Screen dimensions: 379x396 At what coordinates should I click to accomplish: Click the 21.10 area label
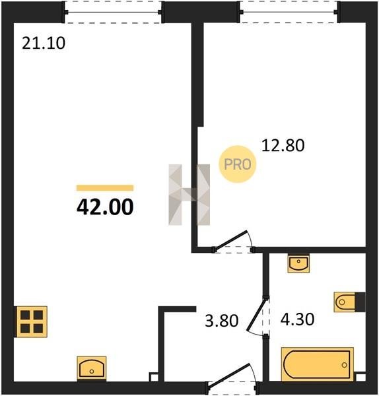[x=44, y=43]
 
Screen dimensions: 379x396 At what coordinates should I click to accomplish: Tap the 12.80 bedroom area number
[x=283, y=145]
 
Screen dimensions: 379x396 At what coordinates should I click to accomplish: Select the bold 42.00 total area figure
[x=105, y=207]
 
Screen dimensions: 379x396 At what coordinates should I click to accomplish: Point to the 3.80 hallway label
[x=222, y=321]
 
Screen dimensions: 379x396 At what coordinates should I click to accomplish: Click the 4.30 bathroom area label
[x=297, y=319]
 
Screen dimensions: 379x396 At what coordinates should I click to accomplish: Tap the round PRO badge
[x=238, y=164]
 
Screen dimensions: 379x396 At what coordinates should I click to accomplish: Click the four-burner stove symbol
[x=32, y=322]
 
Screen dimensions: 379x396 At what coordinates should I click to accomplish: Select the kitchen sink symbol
[x=92, y=368]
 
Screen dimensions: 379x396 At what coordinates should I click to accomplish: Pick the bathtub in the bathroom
[x=318, y=364]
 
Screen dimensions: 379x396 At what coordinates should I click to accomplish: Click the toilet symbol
[x=349, y=302]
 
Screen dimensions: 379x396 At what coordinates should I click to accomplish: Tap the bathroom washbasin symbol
[x=298, y=263]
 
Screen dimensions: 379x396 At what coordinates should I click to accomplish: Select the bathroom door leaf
[x=257, y=314]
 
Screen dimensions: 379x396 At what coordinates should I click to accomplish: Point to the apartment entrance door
[x=228, y=375]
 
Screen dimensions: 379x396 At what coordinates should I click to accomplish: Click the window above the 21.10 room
[x=113, y=12]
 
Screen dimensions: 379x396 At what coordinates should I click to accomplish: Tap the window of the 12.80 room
[x=289, y=12]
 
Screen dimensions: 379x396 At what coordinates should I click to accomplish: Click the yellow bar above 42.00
[x=105, y=187]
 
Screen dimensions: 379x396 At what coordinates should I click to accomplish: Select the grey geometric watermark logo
[x=189, y=195]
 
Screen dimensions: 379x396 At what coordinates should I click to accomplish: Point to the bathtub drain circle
[x=344, y=365]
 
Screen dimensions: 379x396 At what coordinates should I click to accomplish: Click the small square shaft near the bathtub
[x=361, y=377]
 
